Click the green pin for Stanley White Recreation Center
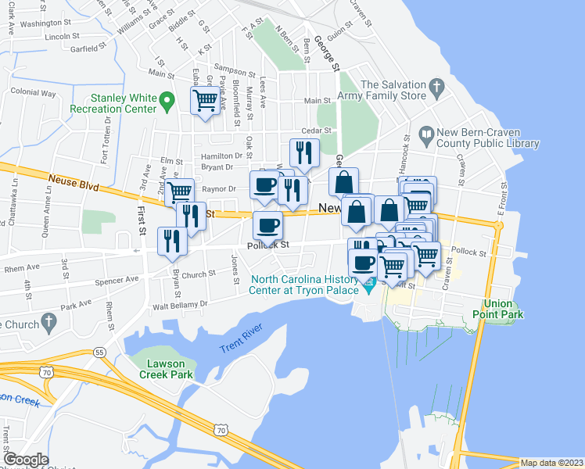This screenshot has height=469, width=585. (166, 101)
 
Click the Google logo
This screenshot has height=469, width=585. (26, 460)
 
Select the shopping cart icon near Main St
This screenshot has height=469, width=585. (205, 101)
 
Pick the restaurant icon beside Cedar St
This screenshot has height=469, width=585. (303, 152)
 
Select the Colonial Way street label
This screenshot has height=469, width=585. (34, 92)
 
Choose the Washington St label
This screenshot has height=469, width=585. (41, 23)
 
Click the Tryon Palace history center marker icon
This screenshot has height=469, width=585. (368, 289)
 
